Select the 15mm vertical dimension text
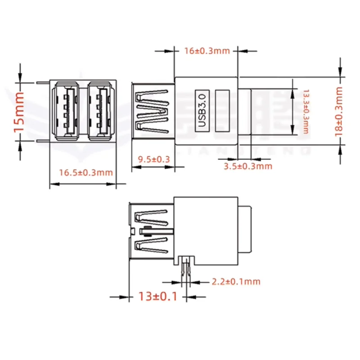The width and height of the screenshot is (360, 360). [x=19, y=112]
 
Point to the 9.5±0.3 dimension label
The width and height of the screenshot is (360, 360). [x=153, y=159]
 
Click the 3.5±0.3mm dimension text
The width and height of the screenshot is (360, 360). [x=248, y=166]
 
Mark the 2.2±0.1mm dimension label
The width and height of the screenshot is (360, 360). [x=236, y=282]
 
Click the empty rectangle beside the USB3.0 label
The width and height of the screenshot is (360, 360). [x=223, y=111]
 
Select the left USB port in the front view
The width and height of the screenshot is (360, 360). [x=68, y=111]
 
